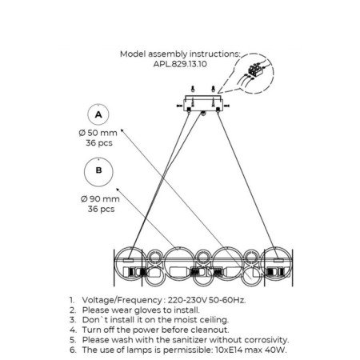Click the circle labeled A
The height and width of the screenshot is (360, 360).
98,105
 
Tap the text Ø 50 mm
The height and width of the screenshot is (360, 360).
98,133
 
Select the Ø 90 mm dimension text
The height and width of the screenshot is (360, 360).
100,199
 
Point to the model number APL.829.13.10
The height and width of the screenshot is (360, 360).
180,64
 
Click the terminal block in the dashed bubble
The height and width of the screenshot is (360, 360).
256,69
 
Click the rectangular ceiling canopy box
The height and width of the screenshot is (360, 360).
203,103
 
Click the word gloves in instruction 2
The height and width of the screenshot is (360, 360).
147,310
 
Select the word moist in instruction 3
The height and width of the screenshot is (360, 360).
180,320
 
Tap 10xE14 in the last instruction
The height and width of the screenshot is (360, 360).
229,350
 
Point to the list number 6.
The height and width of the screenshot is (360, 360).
73,350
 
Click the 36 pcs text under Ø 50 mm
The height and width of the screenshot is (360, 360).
99,143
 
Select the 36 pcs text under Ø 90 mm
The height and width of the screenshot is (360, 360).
101,209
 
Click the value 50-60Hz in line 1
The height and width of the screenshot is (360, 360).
227,300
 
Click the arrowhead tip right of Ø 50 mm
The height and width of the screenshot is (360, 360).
122,130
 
